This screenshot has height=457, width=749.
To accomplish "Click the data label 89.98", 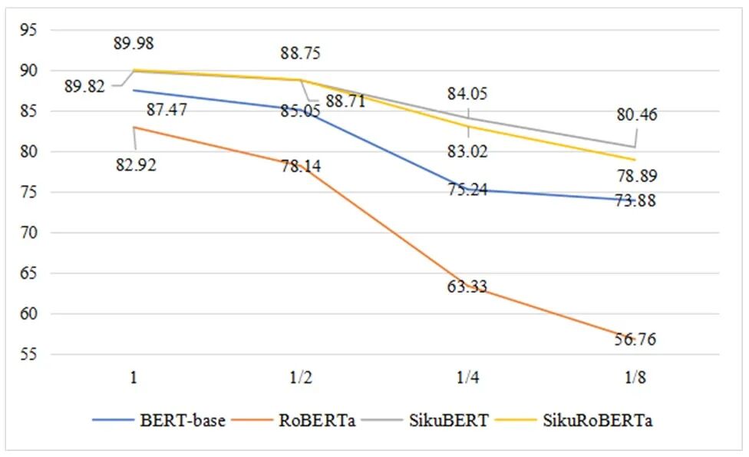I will (x=134, y=44).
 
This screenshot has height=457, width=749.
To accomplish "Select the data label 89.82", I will (x=84, y=87).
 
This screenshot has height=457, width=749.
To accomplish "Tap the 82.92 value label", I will (x=135, y=164).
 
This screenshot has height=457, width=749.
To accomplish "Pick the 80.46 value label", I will (x=636, y=116).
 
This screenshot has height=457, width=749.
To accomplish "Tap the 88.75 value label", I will (x=301, y=54).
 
